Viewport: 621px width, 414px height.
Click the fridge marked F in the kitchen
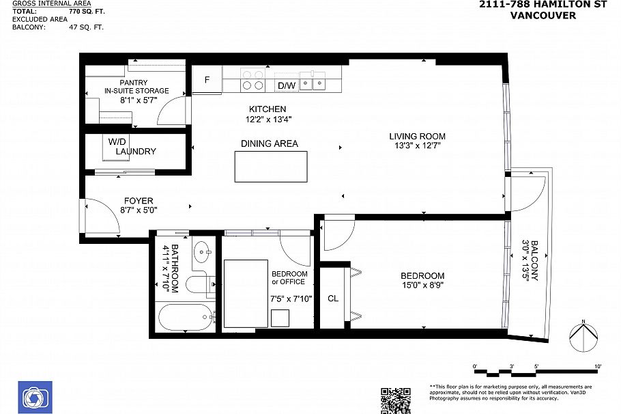(x=207, y=79)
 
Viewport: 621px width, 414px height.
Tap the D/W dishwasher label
(x=287, y=85)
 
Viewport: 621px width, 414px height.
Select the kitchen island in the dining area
(x=271, y=167)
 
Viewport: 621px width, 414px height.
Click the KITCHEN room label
(x=268, y=109)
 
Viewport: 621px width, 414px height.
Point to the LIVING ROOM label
(x=417, y=137)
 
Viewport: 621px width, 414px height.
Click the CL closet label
(x=333, y=299)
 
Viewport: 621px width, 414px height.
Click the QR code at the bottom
(x=395, y=400)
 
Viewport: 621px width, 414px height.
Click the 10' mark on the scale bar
(x=598, y=367)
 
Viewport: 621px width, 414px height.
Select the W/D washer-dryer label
(x=114, y=141)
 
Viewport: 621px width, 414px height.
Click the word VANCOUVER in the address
(x=543, y=15)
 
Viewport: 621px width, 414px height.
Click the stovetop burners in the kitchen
(x=253, y=81)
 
